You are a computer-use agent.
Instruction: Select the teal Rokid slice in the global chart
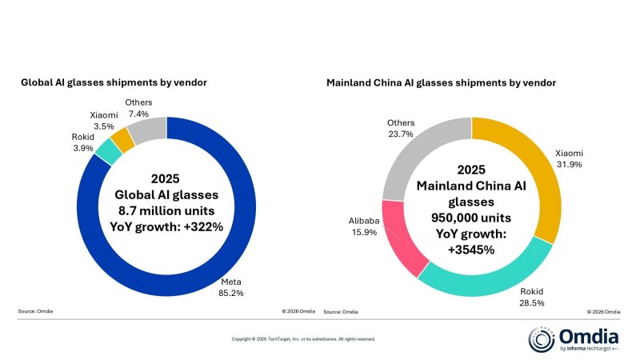click(x=109, y=151)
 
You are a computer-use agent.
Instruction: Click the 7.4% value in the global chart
click(x=138, y=114)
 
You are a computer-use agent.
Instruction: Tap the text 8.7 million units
click(x=166, y=210)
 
